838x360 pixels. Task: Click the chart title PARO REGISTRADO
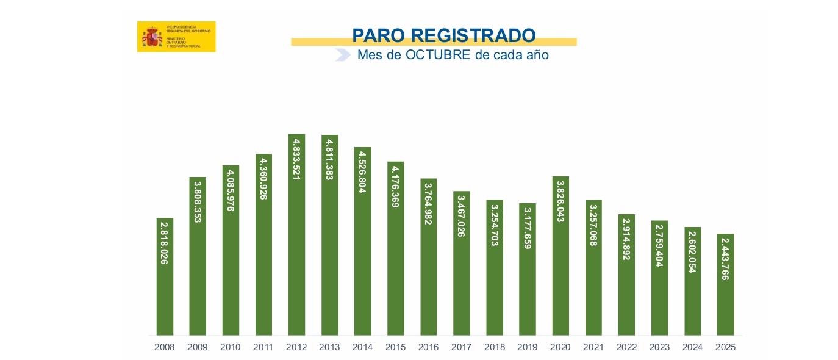443,35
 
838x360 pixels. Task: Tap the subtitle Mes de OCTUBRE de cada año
453,55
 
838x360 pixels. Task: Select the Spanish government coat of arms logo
152,37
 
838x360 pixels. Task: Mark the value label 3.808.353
198,201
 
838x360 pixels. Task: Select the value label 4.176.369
396,187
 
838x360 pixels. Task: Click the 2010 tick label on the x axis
231,347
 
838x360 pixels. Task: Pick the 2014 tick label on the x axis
362,347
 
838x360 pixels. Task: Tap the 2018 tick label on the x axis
494,347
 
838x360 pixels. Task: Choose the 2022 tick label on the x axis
626,347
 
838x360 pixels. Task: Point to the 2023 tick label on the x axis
659,347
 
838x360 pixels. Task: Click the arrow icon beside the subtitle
343,55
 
